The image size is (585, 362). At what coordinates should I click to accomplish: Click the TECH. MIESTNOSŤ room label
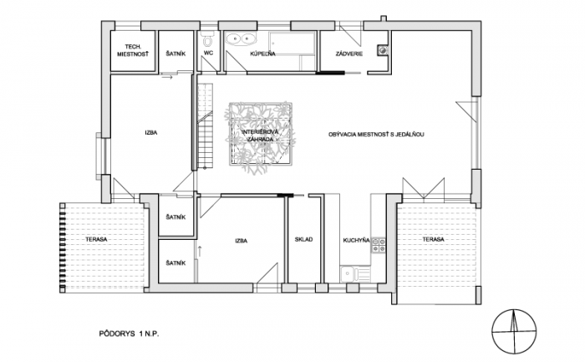click(x=133, y=50)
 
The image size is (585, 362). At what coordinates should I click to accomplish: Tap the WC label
click(x=209, y=53)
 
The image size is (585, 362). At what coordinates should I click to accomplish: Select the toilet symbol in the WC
click(x=207, y=38)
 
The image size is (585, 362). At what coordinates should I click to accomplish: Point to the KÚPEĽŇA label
click(x=262, y=54)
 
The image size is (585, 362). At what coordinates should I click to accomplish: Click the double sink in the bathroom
click(x=241, y=38)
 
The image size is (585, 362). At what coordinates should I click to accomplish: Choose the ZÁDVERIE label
click(x=349, y=54)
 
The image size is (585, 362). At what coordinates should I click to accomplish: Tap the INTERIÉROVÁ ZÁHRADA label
click(x=257, y=135)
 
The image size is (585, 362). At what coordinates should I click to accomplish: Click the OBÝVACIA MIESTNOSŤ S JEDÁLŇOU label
click(x=376, y=135)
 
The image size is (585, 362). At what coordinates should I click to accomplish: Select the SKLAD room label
click(x=303, y=240)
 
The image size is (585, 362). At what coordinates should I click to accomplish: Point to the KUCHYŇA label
click(x=356, y=240)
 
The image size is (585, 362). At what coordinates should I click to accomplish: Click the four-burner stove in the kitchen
click(x=379, y=244)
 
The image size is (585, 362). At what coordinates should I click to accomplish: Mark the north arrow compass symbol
click(x=514, y=331)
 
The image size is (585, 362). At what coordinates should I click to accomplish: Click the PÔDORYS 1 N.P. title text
click(x=129, y=334)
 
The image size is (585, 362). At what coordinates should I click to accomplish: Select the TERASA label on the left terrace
click(x=96, y=239)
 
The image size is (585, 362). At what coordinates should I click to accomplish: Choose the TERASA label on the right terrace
click(x=433, y=239)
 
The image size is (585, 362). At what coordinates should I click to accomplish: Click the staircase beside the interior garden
click(x=205, y=126)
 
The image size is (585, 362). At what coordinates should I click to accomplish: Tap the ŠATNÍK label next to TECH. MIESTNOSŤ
click(x=175, y=54)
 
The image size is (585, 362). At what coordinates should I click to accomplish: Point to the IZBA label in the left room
click(x=151, y=132)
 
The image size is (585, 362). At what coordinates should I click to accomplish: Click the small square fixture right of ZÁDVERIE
click(x=383, y=49)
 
